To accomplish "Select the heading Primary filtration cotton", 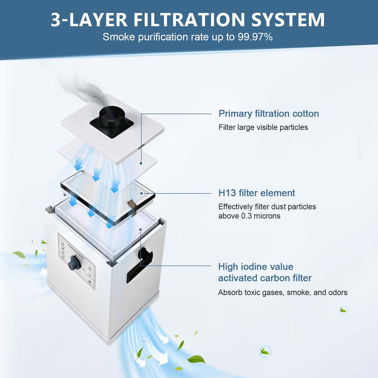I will pyautogui.click(x=268, y=114).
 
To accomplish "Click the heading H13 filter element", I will pyautogui.click(x=256, y=193).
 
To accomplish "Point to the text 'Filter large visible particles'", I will pyautogui.click(x=263, y=128).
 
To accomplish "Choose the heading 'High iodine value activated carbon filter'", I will pyautogui.click(x=265, y=272).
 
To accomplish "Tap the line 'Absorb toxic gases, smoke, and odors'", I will pyautogui.click(x=282, y=293).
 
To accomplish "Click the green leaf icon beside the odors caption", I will pyautogui.click(x=343, y=310).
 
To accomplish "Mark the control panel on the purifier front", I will pyautogui.click(x=76, y=259).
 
